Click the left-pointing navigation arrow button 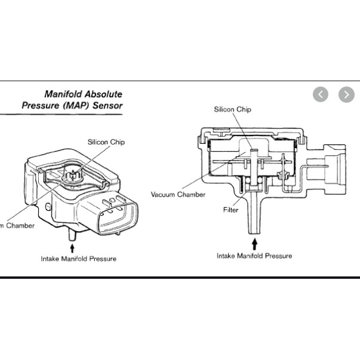[x=321, y=94]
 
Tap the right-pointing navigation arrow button [x=346, y=94]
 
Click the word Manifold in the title [x=64, y=94]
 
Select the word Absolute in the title [x=103, y=94]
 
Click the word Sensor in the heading [x=109, y=106]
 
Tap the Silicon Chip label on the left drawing [x=106, y=143]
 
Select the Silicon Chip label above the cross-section [x=233, y=109]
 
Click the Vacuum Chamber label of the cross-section [x=178, y=195]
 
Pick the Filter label [x=230, y=210]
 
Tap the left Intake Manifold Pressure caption [x=78, y=259]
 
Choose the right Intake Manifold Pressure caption [x=254, y=256]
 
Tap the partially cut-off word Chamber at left [x=18, y=226]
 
